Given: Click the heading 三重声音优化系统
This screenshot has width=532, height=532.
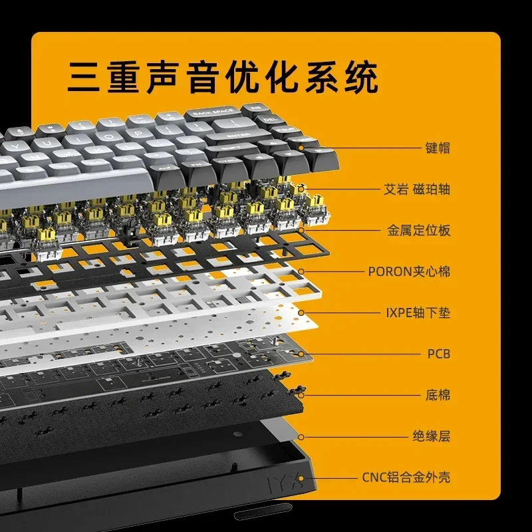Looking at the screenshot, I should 223,78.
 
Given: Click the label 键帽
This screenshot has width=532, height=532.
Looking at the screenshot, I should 438,148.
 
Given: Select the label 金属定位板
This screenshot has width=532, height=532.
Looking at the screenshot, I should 418,231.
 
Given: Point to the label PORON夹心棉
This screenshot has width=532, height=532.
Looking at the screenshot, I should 409,271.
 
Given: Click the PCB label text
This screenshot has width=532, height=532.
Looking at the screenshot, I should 438,354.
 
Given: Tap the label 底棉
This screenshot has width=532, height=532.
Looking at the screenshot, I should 438,395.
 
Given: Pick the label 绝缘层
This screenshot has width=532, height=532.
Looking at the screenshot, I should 431,436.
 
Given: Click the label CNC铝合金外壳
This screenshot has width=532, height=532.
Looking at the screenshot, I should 406,477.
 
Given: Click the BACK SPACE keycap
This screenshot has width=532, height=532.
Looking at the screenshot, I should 211,112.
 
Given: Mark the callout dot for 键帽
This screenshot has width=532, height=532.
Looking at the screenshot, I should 301,148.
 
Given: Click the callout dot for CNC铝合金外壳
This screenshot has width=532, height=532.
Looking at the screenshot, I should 301,477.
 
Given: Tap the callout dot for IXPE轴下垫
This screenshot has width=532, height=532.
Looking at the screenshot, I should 301,313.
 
